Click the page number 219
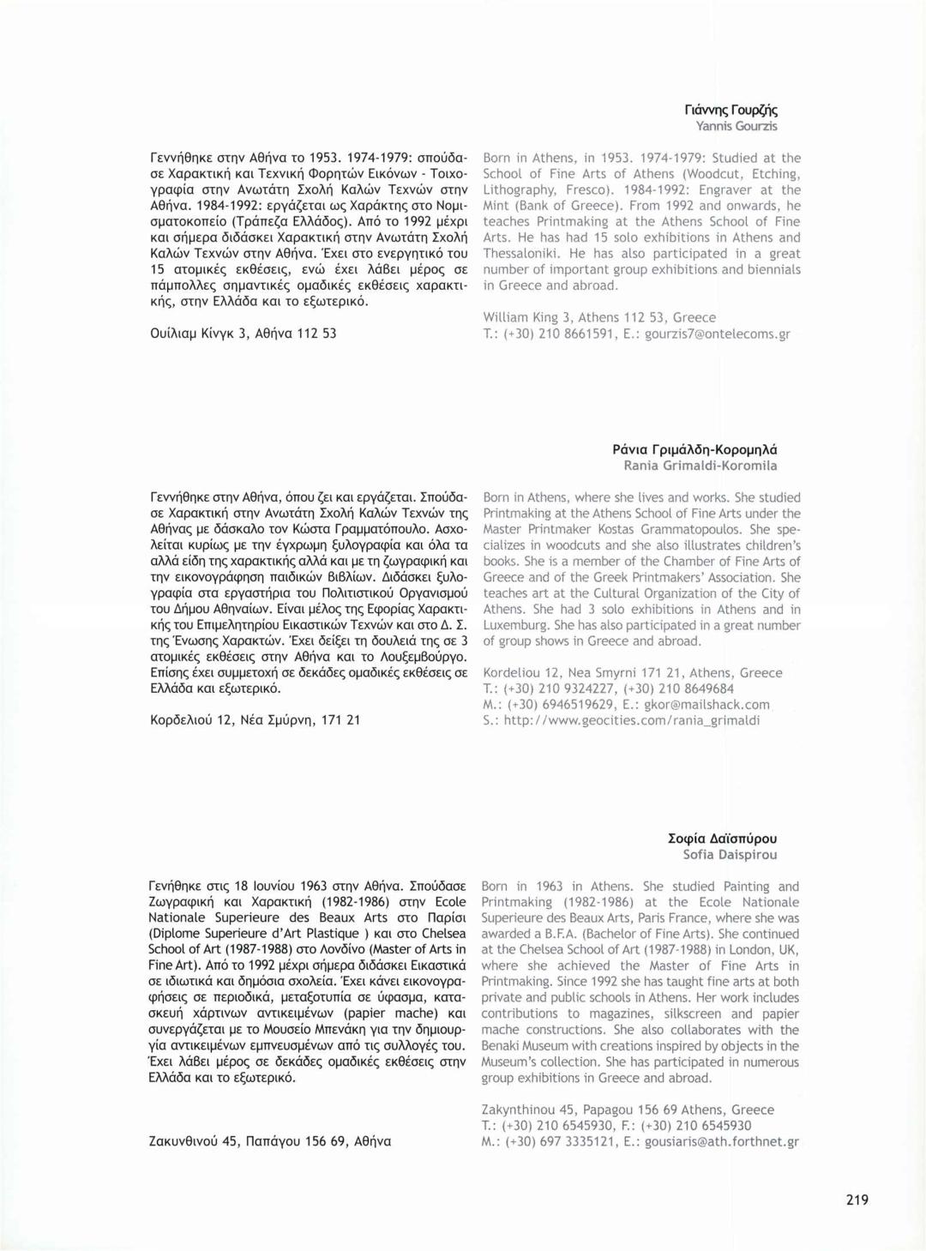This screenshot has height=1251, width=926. [x=857, y=1200]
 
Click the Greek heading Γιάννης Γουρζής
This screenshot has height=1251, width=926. [x=731, y=110]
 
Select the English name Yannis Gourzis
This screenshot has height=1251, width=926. [x=737, y=126]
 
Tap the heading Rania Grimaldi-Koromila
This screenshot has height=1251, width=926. [x=701, y=466]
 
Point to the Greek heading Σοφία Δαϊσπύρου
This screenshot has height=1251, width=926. [x=722, y=839]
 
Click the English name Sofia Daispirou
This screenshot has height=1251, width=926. [x=730, y=855]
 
